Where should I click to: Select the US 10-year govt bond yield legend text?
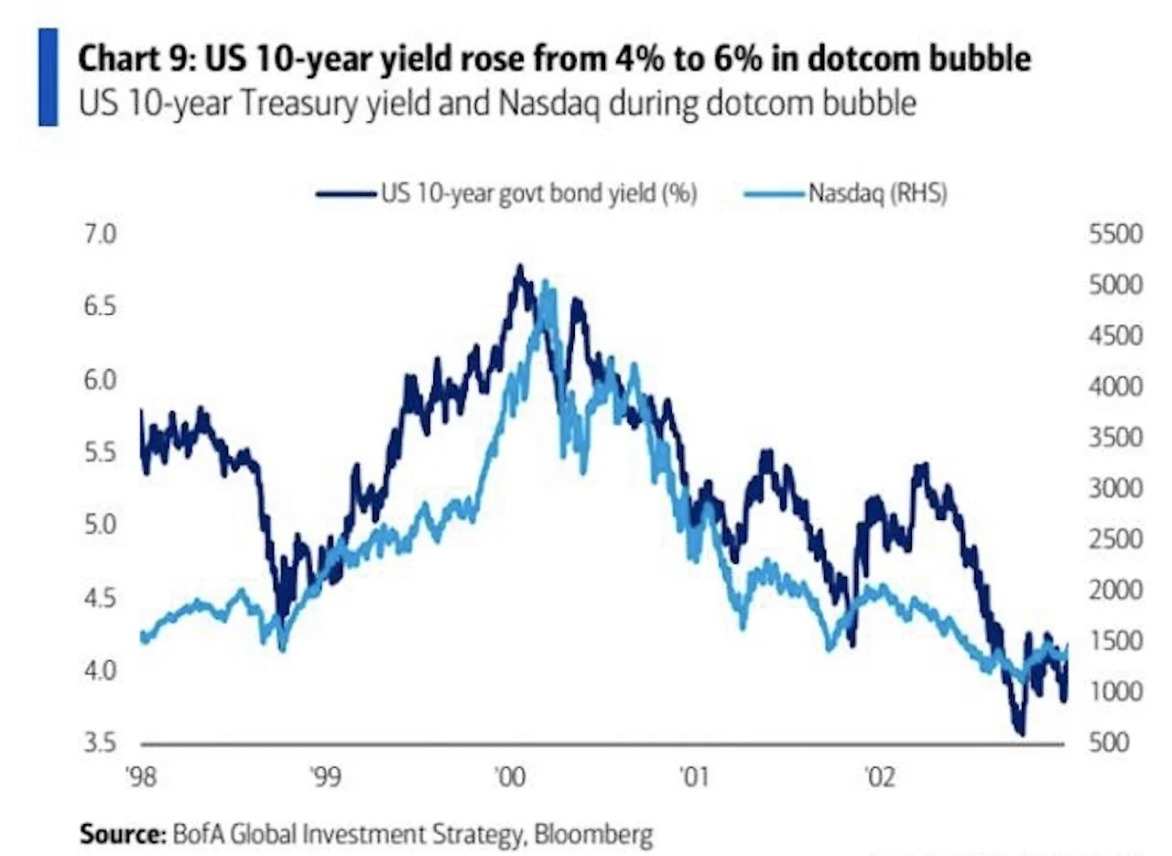[539, 193]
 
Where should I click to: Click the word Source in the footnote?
[116, 834]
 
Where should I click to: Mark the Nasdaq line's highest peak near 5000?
[547, 284]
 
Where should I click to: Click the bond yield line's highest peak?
[520, 267]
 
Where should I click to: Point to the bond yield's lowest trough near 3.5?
[1020, 732]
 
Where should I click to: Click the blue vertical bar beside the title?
[48, 77]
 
